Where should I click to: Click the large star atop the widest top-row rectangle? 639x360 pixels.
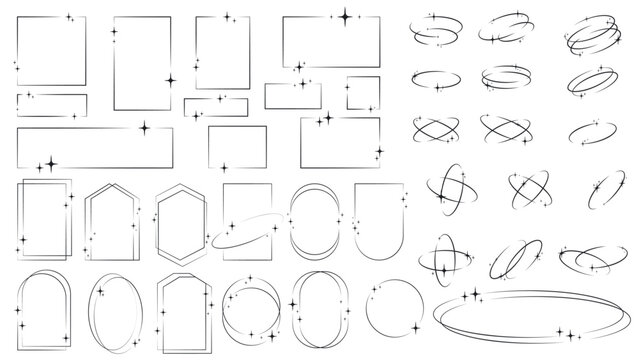tap(346, 16)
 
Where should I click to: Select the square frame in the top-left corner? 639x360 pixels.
tap(51, 51)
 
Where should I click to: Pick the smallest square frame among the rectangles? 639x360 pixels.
tap(362, 91)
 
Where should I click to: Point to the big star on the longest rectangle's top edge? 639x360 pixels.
tap(145, 128)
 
